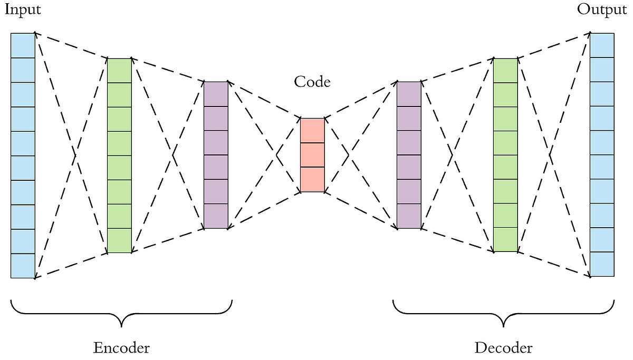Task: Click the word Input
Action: (x=22, y=10)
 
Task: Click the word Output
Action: (x=602, y=10)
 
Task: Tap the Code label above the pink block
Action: (x=312, y=82)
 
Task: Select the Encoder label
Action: (x=121, y=348)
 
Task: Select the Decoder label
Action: (x=503, y=348)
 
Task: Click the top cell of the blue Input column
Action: (x=23, y=45)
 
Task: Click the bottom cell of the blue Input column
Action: (x=23, y=266)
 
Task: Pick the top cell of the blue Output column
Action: (x=602, y=45)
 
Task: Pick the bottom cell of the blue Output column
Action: (x=602, y=264)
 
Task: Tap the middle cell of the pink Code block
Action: (x=312, y=155)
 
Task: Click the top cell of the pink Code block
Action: (x=312, y=131)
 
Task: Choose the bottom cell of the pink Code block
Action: (x=312, y=180)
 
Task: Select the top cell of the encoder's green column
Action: (x=119, y=70)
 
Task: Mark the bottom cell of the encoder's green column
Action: (x=119, y=241)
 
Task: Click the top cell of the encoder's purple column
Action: (x=216, y=94)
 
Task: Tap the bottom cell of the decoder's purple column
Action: (x=409, y=216)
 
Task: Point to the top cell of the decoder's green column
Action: (x=505, y=70)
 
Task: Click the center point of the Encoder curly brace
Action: (x=122, y=319)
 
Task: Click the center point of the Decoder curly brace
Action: (x=504, y=319)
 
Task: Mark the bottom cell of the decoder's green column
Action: (x=505, y=240)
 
